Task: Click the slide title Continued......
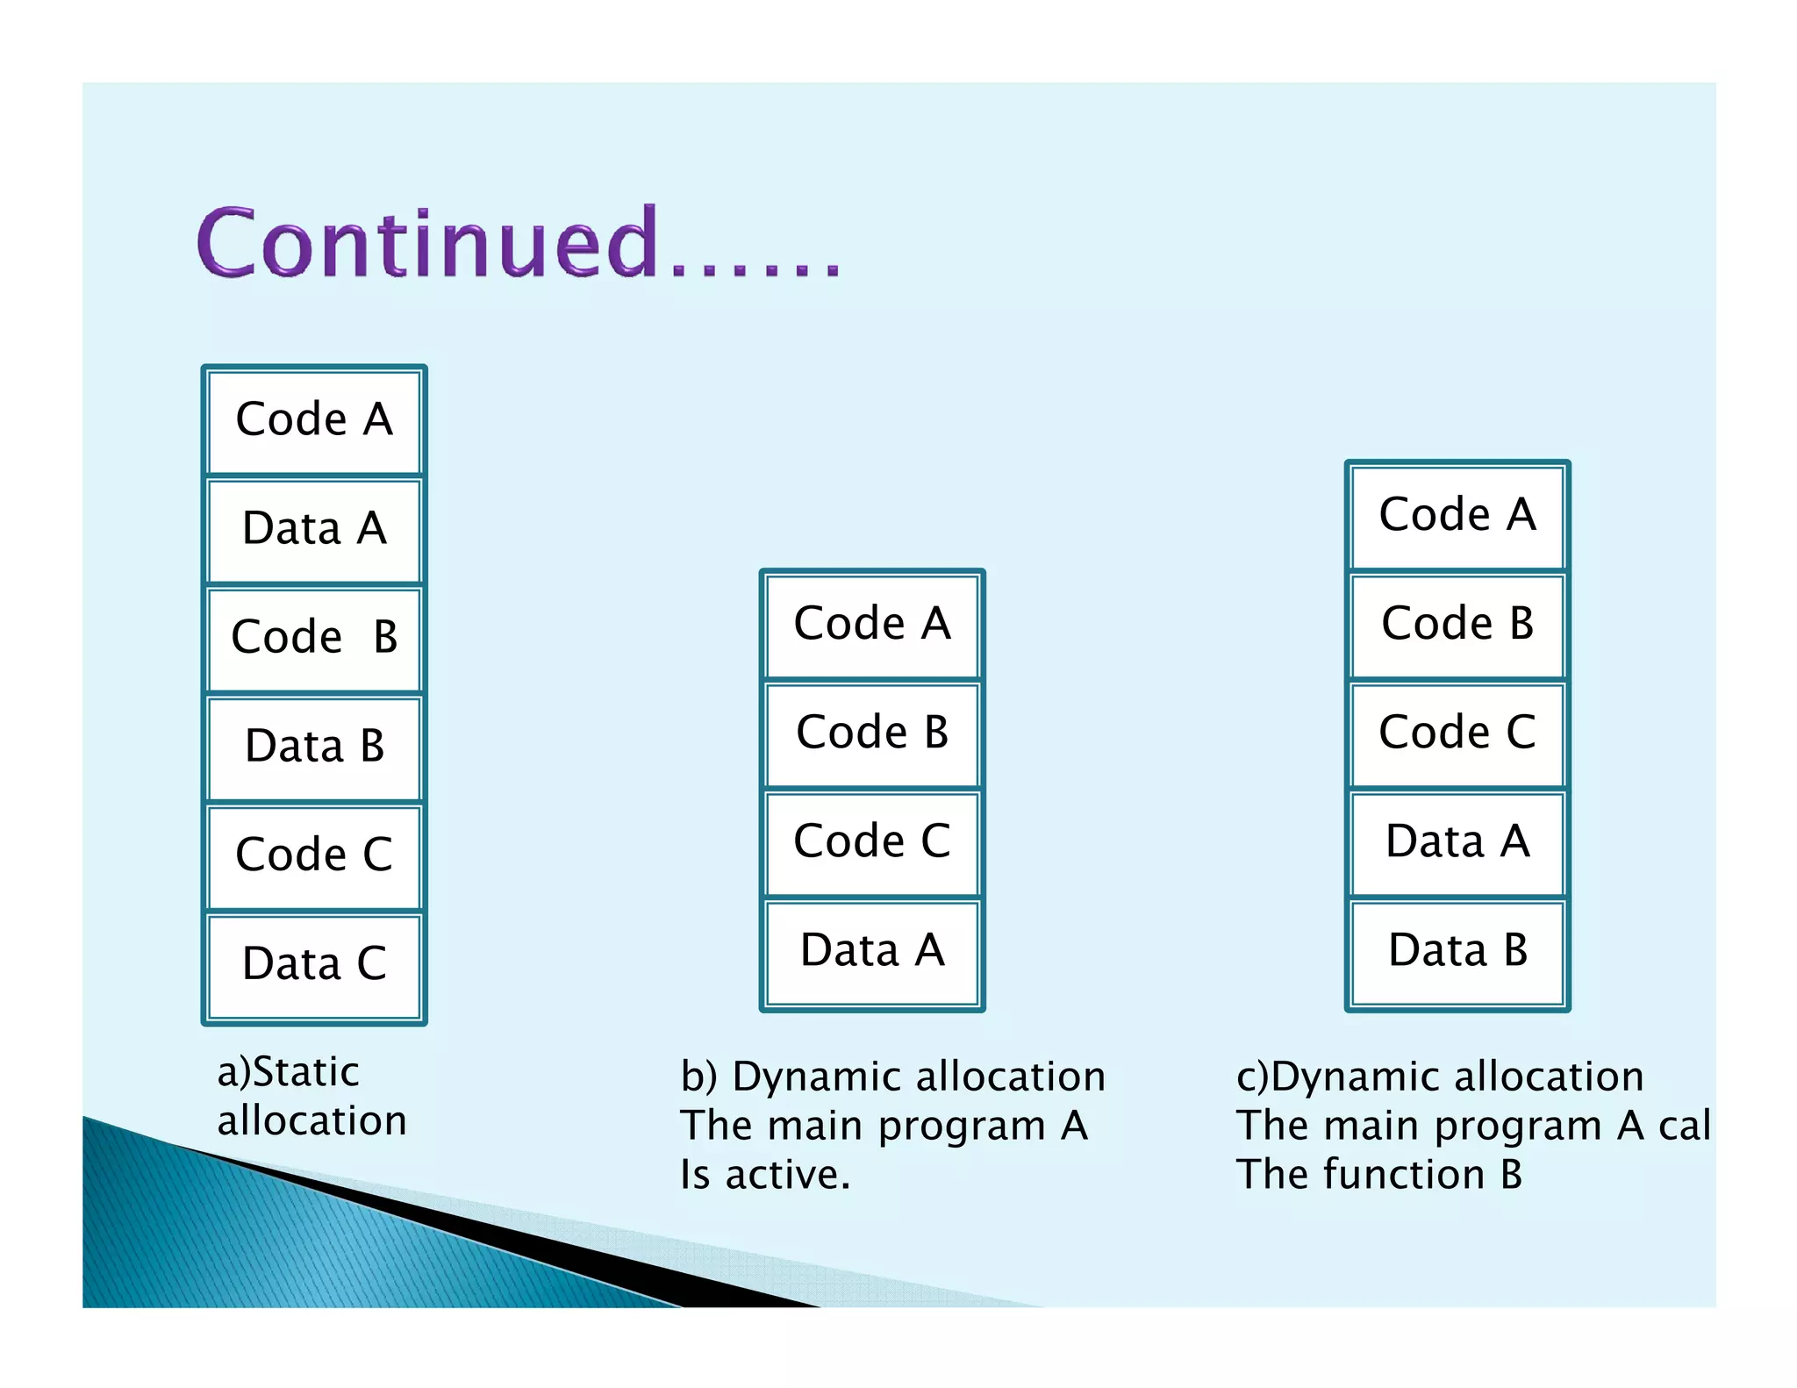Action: (x=518, y=243)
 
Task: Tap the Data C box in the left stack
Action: (x=314, y=965)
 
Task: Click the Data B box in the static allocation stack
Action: (x=314, y=748)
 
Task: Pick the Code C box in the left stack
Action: (x=314, y=856)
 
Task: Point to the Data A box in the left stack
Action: (x=314, y=530)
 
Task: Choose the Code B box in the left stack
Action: (x=314, y=639)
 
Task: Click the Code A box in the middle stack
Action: (x=872, y=625)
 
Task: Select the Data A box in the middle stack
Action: (x=872, y=951)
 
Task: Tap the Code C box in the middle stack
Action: (x=872, y=842)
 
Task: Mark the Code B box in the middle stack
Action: (x=872, y=733)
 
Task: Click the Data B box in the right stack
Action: (x=1457, y=951)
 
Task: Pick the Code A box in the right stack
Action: (x=1457, y=516)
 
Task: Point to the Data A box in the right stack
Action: (x=1457, y=842)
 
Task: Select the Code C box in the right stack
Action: (x=1457, y=733)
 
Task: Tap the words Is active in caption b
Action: (x=765, y=1175)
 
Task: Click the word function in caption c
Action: (x=1403, y=1175)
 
